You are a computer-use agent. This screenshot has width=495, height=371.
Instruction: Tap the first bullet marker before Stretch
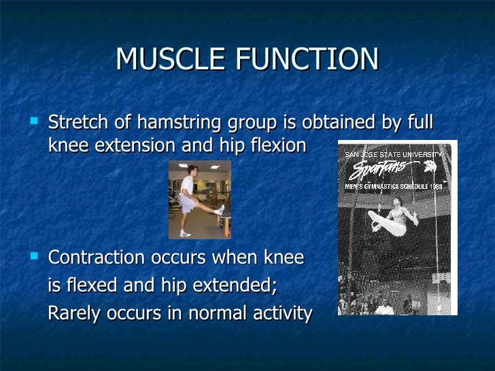(35, 122)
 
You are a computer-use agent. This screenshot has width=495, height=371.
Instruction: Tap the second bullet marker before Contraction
(35, 257)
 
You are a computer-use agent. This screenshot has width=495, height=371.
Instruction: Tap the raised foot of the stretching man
(220, 209)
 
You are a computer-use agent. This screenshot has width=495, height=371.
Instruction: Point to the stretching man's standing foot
(186, 234)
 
